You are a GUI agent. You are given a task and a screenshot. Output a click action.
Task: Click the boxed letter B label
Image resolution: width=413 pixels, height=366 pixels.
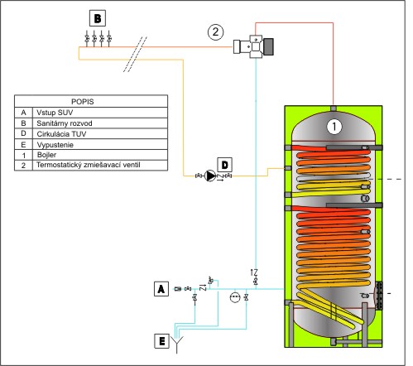98,18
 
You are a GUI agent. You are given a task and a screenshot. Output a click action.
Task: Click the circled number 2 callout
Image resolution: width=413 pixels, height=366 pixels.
215,32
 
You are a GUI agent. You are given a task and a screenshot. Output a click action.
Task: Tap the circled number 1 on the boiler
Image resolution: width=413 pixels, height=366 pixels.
334,127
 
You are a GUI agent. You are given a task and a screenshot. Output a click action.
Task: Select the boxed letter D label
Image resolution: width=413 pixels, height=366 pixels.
225,165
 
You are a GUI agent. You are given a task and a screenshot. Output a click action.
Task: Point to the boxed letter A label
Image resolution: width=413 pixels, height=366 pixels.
161,289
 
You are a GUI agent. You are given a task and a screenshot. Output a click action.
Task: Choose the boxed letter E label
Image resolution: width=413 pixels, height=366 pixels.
161,341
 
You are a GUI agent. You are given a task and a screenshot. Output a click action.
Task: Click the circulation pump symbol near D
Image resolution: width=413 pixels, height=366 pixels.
210,176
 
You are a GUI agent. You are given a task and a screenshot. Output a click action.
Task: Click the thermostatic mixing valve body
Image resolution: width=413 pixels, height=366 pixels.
254,46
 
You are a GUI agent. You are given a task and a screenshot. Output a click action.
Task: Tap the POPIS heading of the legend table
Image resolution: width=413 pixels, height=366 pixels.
83,102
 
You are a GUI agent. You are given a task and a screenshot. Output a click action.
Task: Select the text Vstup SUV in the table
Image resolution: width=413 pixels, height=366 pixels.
55,113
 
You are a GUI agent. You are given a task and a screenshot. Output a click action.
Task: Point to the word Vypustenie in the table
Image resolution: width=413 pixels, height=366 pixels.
55,145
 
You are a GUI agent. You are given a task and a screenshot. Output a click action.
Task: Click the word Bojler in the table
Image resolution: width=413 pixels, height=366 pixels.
46,155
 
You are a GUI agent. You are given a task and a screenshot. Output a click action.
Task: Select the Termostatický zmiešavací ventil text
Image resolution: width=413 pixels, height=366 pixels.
89,165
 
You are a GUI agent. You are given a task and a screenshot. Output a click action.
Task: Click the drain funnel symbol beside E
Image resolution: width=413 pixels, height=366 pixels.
176,344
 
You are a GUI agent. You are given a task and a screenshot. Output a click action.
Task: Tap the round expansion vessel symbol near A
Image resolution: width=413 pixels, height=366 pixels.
235,297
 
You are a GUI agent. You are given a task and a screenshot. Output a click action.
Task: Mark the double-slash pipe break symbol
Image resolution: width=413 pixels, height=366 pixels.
135,54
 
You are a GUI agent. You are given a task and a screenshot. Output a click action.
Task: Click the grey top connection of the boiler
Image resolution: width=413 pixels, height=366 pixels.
334,108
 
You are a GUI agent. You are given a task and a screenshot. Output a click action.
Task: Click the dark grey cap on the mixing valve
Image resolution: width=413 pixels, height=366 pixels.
269,46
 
